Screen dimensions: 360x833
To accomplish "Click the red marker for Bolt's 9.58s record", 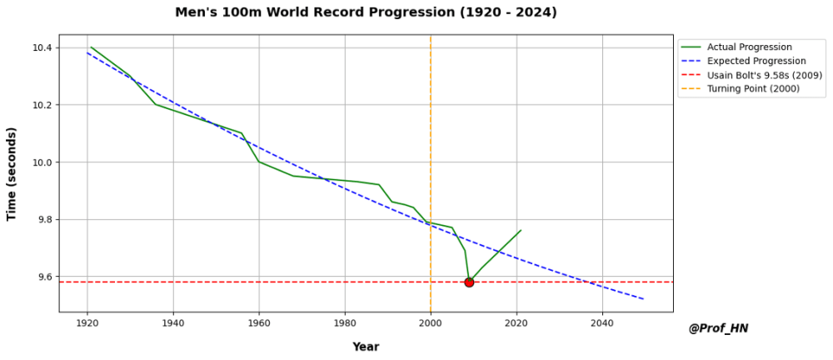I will pyautogui.click(x=469, y=282).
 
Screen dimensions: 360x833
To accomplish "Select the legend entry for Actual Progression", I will pyautogui.click(x=749, y=47).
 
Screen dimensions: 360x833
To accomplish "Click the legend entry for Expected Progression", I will pyautogui.click(x=756, y=61).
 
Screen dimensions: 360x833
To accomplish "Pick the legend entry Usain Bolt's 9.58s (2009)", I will pyautogui.click(x=765, y=75).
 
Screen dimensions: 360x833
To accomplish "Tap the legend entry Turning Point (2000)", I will pyautogui.click(x=753, y=89).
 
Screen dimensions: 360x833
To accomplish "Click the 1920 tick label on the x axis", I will pyautogui.click(x=87, y=322).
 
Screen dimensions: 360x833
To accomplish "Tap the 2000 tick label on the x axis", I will pyautogui.click(x=431, y=322).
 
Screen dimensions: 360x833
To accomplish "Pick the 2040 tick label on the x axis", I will pyautogui.click(x=602, y=322).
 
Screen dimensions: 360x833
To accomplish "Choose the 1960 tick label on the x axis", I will pyautogui.click(x=259, y=322).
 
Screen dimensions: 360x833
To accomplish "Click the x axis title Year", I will pyautogui.click(x=366, y=347).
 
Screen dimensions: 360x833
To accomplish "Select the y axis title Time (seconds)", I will pyautogui.click(x=12, y=174).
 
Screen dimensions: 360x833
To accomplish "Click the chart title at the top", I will pyautogui.click(x=366, y=12).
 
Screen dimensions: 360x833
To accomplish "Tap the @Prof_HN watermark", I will pyautogui.click(x=718, y=328).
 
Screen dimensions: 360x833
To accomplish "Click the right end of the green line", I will pyautogui.click(x=521, y=230).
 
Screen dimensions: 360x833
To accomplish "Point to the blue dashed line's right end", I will pyautogui.click(x=644, y=299).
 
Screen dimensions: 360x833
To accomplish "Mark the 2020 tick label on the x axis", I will pyautogui.click(x=516, y=322).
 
